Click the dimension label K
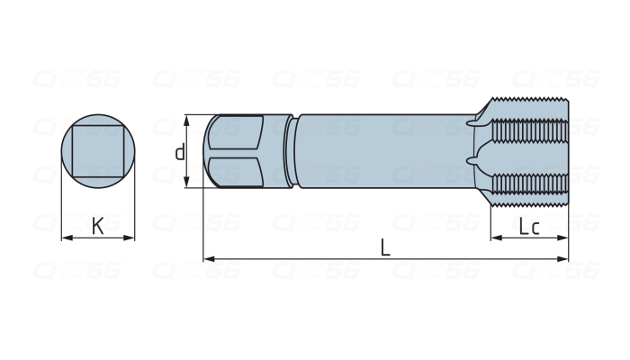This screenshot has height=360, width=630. [97, 226]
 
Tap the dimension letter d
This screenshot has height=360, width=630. [180, 152]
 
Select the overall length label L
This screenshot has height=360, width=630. [385, 247]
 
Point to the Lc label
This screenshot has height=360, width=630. [529, 227]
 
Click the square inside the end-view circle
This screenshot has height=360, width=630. [97, 151]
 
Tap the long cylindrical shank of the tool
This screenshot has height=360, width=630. [382, 151]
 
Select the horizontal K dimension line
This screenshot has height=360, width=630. [81, 238]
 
